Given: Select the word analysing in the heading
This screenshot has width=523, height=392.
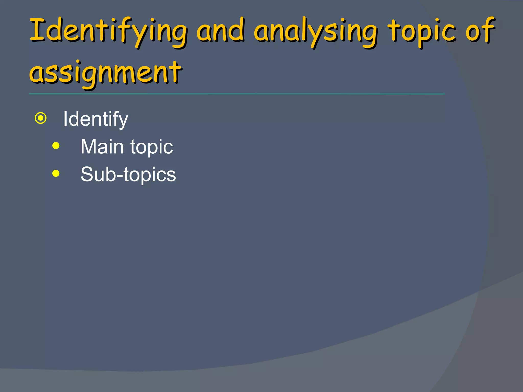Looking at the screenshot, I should tap(316, 32).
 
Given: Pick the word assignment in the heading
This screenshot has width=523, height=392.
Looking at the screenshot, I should tap(105, 73).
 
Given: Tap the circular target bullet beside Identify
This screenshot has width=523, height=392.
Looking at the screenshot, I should tap(41, 118).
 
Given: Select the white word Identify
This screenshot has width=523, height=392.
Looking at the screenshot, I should tap(96, 119).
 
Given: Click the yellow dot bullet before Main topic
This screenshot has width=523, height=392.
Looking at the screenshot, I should tap(56, 146).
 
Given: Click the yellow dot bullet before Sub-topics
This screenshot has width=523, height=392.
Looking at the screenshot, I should tap(56, 174).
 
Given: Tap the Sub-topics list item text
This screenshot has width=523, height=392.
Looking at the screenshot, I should tap(128, 175).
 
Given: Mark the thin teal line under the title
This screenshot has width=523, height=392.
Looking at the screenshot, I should tap(237, 94).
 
